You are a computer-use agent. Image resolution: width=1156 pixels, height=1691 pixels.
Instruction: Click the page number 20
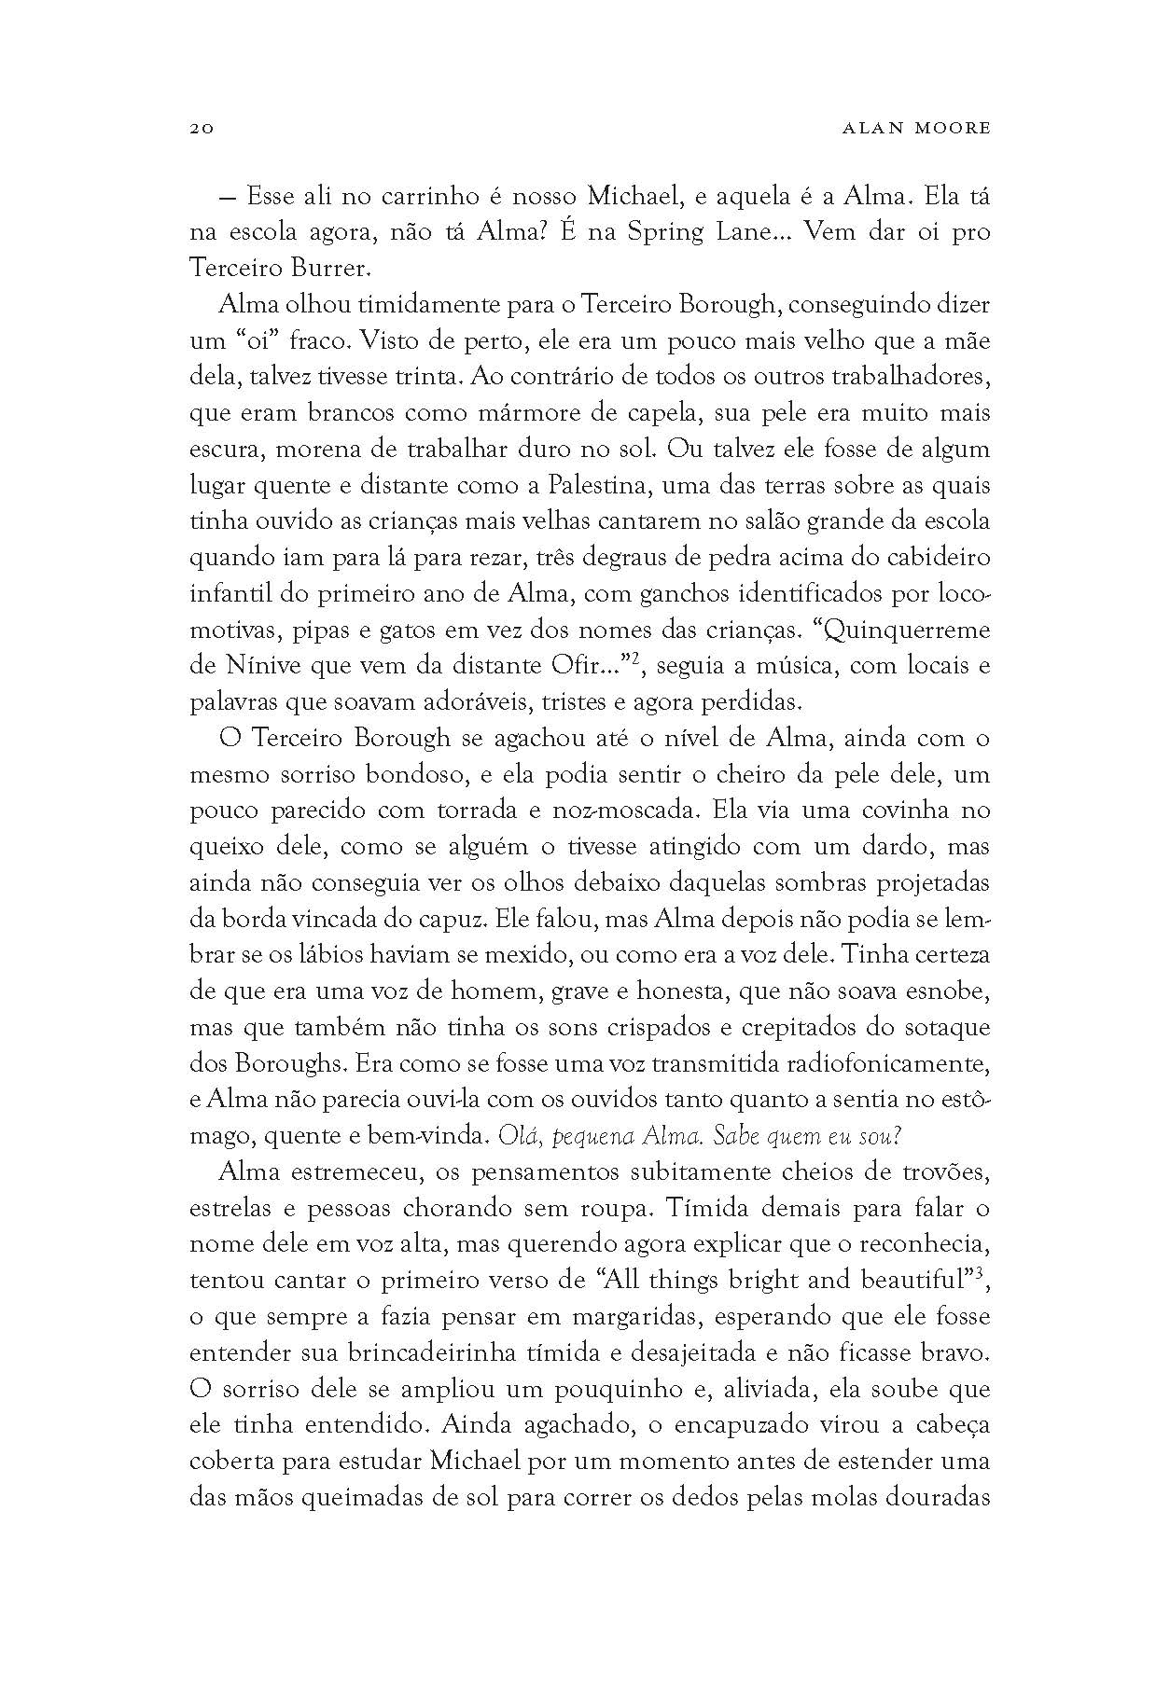coord(202,129)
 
